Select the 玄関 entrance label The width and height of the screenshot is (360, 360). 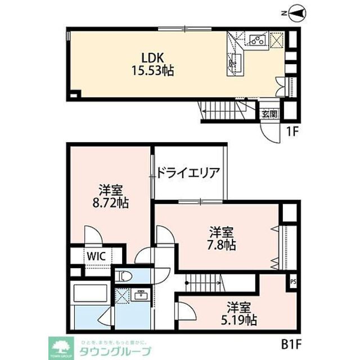pyautogui.click(x=269, y=113)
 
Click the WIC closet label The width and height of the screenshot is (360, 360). pyautogui.click(x=94, y=254)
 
